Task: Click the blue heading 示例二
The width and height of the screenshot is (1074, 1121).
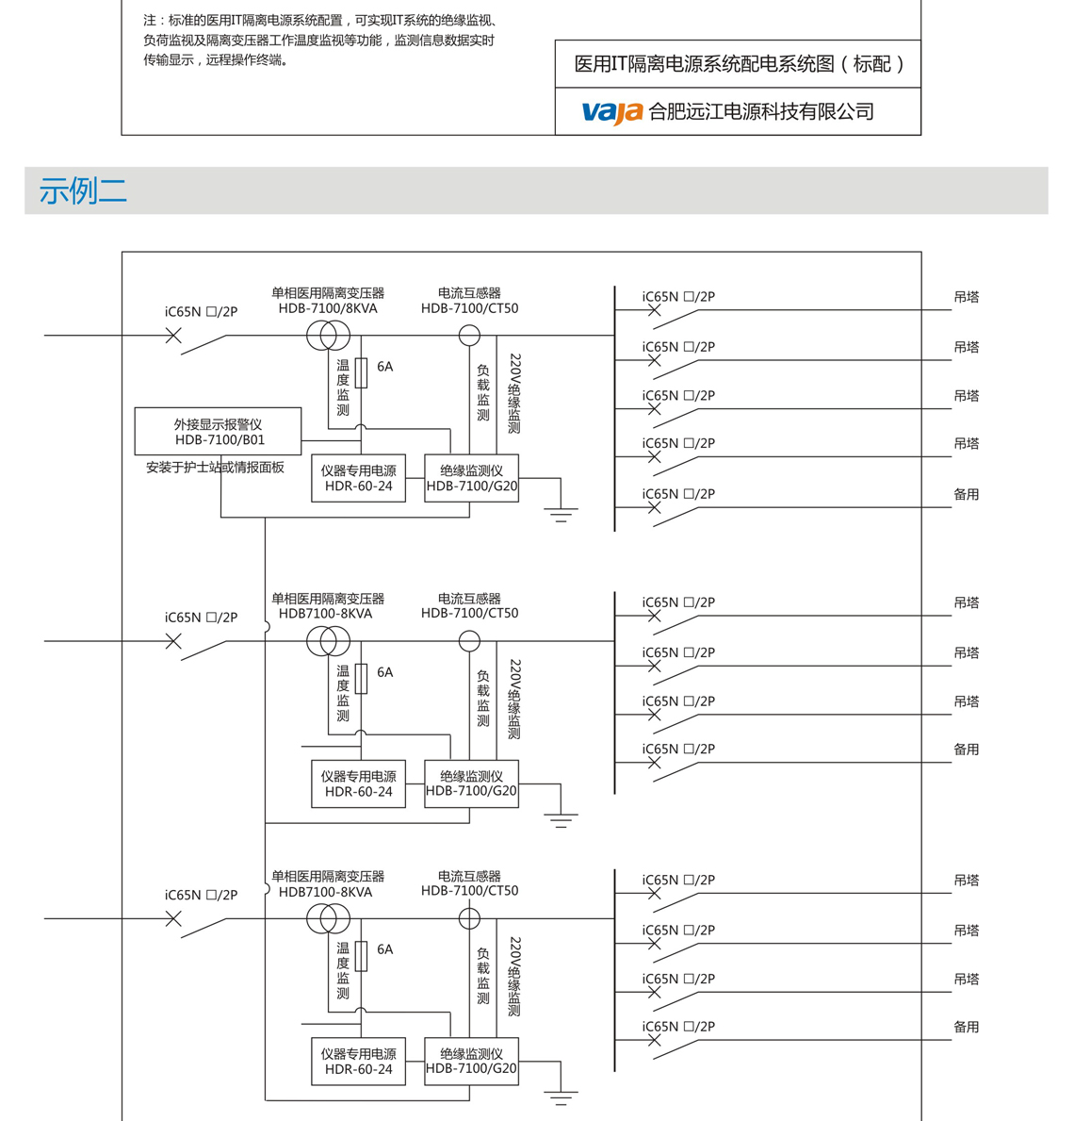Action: (x=83, y=191)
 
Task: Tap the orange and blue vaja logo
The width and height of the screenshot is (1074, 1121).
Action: (x=611, y=112)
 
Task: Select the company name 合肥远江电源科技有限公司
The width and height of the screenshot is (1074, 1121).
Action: (x=761, y=112)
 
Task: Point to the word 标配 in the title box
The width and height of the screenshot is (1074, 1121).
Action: (x=871, y=64)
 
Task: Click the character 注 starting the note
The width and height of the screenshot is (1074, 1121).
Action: (x=150, y=21)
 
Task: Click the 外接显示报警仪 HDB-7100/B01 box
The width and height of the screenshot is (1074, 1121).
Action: (x=219, y=432)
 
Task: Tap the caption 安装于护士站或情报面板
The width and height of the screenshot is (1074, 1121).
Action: (x=215, y=468)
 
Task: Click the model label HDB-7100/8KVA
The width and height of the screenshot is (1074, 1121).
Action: (x=328, y=308)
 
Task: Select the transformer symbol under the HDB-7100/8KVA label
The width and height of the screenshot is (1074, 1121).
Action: (x=328, y=335)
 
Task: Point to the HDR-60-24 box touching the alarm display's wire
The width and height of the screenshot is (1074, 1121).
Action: (x=358, y=478)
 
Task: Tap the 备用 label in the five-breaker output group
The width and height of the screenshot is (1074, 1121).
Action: (x=967, y=494)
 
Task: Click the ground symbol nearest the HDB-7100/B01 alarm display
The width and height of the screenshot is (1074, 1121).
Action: (x=561, y=514)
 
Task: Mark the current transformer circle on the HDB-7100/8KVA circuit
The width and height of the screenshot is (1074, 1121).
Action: (x=469, y=335)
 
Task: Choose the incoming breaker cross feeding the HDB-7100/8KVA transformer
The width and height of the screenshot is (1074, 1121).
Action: (x=173, y=335)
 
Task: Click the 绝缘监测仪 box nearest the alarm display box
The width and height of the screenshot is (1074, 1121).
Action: (x=471, y=478)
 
